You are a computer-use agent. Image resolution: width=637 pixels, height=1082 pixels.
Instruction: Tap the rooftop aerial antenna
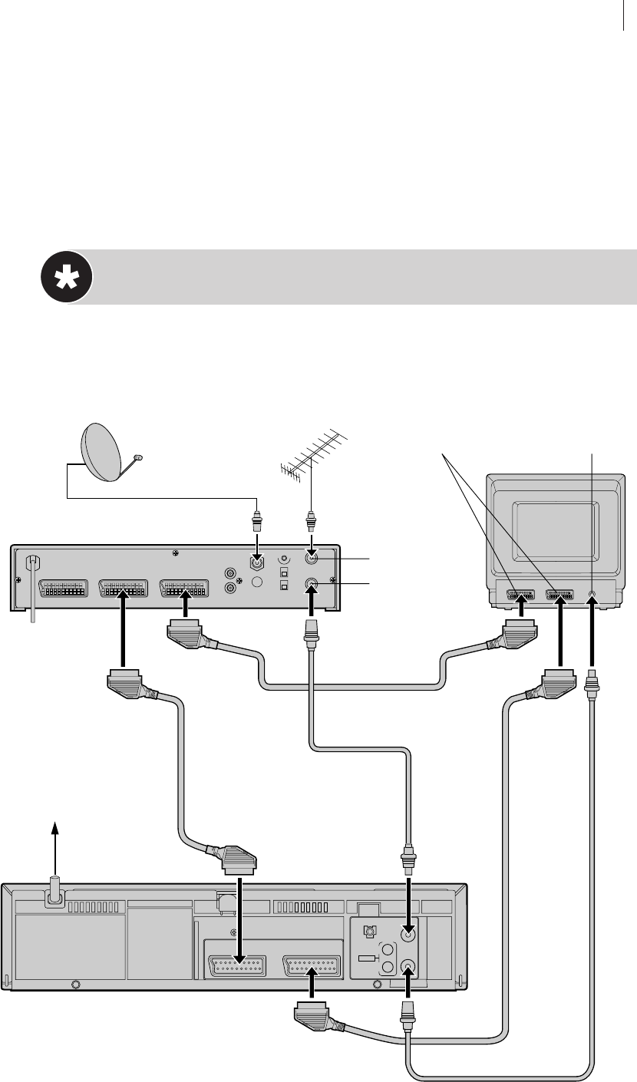tap(311, 453)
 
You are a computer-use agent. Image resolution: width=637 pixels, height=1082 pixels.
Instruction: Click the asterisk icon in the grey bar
tap(66, 277)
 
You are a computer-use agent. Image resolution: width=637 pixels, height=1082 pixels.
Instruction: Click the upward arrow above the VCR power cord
tap(54, 833)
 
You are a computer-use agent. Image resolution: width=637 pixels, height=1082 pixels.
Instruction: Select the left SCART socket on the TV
tap(520, 594)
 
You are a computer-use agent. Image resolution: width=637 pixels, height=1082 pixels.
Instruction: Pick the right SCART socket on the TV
tap(559, 594)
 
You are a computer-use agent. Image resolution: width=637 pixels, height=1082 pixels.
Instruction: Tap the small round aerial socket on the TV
tap(592, 593)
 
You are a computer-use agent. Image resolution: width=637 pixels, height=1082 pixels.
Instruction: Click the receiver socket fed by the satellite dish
tap(259, 561)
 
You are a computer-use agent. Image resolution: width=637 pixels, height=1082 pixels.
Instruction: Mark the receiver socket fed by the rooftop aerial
tap(312, 559)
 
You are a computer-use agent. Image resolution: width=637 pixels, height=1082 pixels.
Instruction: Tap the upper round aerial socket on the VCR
tap(409, 934)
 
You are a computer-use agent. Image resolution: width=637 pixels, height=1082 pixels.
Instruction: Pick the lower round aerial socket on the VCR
tap(409, 965)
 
